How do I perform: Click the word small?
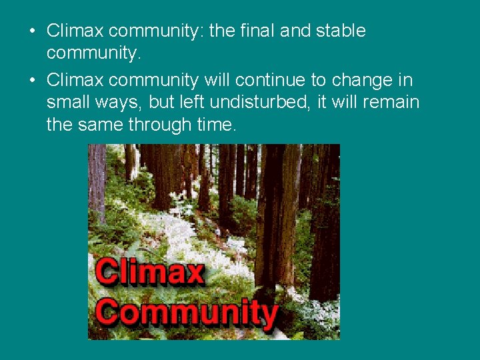(x=67, y=103)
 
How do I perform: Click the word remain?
(x=392, y=103)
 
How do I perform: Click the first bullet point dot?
(x=32, y=31)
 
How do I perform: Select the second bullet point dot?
(x=32, y=81)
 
